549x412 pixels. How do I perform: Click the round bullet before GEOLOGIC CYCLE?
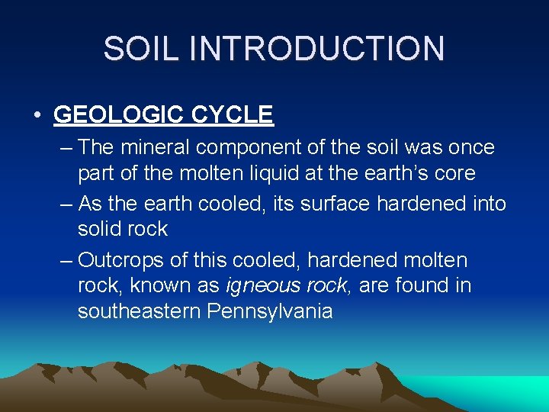(37, 115)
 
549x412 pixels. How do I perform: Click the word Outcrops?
(120, 261)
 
